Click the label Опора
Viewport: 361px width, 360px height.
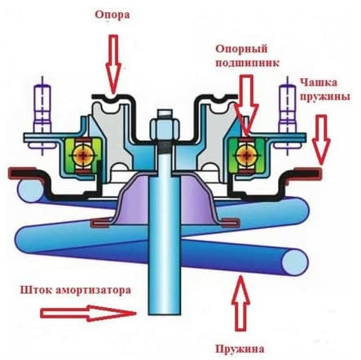112,15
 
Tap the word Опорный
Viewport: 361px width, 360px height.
242,50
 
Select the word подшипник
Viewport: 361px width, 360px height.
247,64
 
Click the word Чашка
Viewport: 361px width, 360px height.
319,82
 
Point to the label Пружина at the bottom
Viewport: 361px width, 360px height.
240,349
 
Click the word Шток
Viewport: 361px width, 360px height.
36,290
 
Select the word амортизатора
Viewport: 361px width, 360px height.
93,290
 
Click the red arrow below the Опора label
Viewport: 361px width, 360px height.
113,64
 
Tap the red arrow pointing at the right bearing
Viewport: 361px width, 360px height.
247,105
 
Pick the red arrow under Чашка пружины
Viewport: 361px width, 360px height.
321,140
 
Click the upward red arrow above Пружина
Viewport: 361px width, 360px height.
240,303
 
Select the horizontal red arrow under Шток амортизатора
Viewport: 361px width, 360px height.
88,314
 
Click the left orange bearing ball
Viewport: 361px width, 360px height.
83,156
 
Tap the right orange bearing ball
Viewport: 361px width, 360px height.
247,156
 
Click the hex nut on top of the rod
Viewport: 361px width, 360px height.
165,125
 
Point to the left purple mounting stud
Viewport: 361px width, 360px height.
42,116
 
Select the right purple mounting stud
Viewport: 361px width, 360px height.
288,116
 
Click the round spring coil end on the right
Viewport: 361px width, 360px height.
295,262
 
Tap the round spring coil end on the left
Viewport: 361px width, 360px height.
29,190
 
